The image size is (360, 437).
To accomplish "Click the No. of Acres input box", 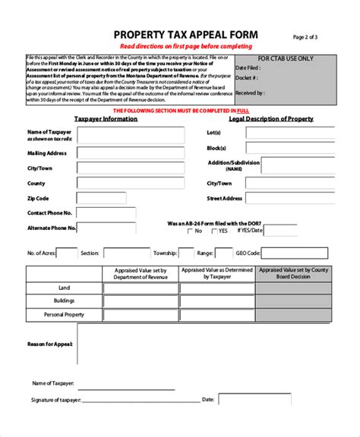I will (67, 253).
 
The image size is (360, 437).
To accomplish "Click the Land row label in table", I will (64, 288).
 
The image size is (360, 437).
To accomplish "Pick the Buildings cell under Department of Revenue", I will (140, 301).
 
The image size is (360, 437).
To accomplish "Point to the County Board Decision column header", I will (293, 273).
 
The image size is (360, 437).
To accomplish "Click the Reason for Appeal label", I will (50, 344).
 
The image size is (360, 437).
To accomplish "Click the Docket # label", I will (269, 77).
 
